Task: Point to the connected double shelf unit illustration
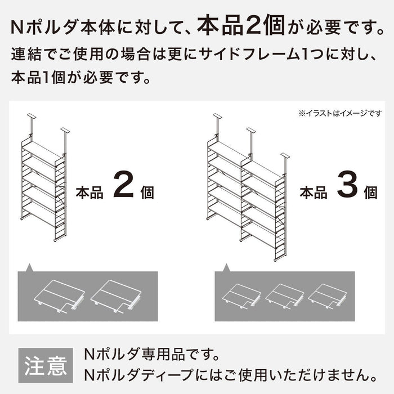pos(246,186)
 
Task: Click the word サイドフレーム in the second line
pos(225,56)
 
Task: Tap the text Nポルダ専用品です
pos(150,355)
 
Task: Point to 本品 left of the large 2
pos(89,192)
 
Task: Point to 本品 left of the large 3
pos(314,192)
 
